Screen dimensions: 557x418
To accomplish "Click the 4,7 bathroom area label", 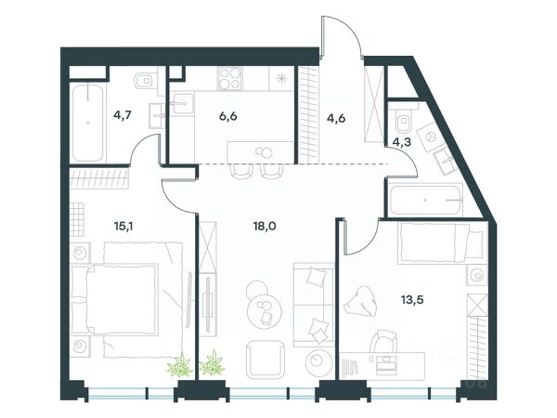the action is click(123, 115).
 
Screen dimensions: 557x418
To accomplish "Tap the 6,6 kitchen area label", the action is click(228, 116).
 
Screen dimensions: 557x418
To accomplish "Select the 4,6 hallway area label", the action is click(336, 118).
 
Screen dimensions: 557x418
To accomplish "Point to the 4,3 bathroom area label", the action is click(402, 142).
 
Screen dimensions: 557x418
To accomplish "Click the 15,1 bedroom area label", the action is click(123, 226).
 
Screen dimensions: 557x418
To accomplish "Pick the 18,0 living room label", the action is click(265, 226).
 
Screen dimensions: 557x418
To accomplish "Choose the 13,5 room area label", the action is click(412, 300).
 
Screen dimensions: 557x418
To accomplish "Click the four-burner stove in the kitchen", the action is click(230, 79).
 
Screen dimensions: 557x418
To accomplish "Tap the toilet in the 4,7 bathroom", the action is click(146, 81).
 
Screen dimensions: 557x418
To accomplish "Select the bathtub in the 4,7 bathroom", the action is click(88, 123).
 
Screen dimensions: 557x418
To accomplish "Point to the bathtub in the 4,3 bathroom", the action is click(425, 200).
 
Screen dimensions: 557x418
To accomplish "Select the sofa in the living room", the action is click(314, 305).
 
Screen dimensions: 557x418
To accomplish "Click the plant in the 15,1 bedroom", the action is click(180, 365).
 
